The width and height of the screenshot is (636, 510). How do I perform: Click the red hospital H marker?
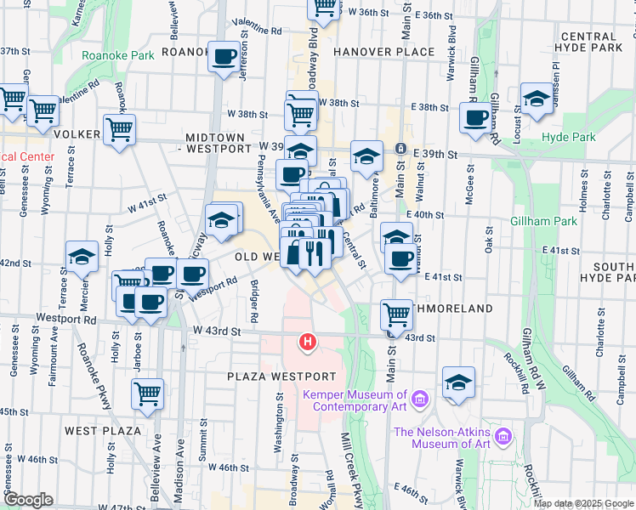(307, 343)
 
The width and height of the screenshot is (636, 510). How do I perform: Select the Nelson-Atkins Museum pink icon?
(503, 437)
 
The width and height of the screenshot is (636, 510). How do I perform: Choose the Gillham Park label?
(543, 221)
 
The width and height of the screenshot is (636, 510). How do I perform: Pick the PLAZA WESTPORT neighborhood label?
(282, 376)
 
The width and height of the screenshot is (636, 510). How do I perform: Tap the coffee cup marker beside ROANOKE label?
(224, 57)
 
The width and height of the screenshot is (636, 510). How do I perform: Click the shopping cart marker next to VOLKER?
(119, 130)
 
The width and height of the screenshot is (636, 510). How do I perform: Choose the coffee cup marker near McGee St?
(475, 117)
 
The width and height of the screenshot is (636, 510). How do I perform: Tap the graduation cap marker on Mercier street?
(82, 256)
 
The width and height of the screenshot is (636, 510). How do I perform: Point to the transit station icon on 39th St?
(400, 150)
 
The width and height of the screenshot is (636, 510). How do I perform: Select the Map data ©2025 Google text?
(582, 503)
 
